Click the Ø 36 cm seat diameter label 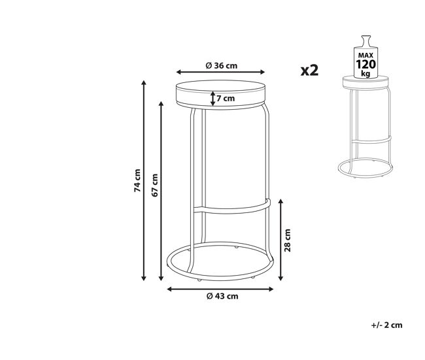pyautogui.click(x=222, y=65)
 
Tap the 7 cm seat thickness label pyautogui.click(x=226, y=98)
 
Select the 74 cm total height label pyautogui.click(x=138, y=180)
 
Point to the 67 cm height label pyautogui.click(x=155, y=186)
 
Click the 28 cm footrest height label pyautogui.click(x=288, y=240)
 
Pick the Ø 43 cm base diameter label pyautogui.click(x=222, y=296)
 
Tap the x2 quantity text pyautogui.click(x=309, y=70)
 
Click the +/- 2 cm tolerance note pyautogui.click(x=386, y=325)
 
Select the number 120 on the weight pyautogui.click(x=365, y=65)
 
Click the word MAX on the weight pyautogui.click(x=365, y=56)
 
